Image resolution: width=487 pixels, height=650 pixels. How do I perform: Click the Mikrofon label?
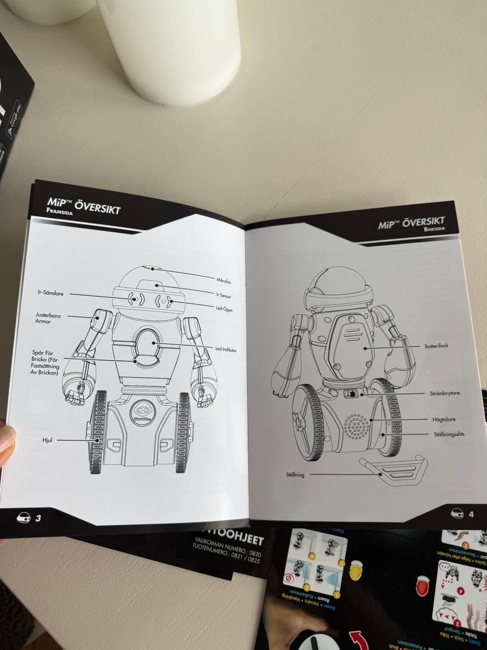pos(224,281)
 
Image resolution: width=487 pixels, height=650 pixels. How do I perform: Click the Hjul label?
pos(47,440)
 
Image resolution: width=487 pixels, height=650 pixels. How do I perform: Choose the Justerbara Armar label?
pos(48,318)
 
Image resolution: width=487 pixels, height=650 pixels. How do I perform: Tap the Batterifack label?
pos(436,346)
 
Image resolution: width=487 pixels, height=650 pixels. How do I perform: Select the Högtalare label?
pos(443,420)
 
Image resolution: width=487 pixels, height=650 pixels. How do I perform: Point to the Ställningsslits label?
pos(449,434)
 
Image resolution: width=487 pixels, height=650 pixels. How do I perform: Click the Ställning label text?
pos(295,475)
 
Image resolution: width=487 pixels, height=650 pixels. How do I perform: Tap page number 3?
pos(38,518)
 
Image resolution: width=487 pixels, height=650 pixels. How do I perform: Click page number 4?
pos(471,514)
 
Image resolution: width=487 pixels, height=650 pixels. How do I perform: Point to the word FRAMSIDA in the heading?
pos(59,214)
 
